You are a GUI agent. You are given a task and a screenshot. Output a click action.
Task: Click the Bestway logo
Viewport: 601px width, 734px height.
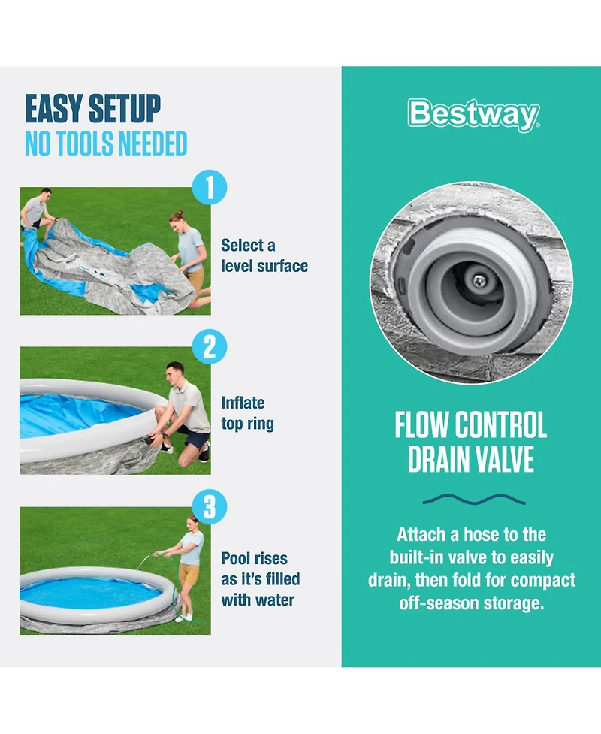click(x=473, y=115)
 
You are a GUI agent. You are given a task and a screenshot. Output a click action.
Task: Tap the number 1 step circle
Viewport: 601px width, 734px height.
click(x=209, y=187)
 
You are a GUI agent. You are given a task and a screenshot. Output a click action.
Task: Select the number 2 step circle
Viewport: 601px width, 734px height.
click(x=209, y=347)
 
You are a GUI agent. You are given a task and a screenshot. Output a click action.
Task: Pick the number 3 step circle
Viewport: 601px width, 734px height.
click(x=209, y=507)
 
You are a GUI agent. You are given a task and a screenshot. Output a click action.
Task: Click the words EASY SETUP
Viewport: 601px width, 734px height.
click(x=93, y=109)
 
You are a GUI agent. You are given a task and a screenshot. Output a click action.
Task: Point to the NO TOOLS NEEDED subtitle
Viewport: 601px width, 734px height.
click(x=106, y=143)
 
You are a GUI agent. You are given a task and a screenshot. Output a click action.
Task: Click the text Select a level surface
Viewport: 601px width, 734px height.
click(x=264, y=255)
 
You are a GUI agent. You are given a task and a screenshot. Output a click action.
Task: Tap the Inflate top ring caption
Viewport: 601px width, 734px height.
click(x=247, y=413)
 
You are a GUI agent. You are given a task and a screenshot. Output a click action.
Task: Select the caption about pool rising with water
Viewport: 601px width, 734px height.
click(x=260, y=579)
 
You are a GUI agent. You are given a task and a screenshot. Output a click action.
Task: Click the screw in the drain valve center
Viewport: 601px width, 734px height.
click(x=477, y=279)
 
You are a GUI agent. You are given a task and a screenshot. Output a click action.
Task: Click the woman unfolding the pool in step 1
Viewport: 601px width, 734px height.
click(x=190, y=252)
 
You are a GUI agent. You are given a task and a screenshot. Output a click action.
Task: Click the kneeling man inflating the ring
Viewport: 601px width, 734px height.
click(x=184, y=413)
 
